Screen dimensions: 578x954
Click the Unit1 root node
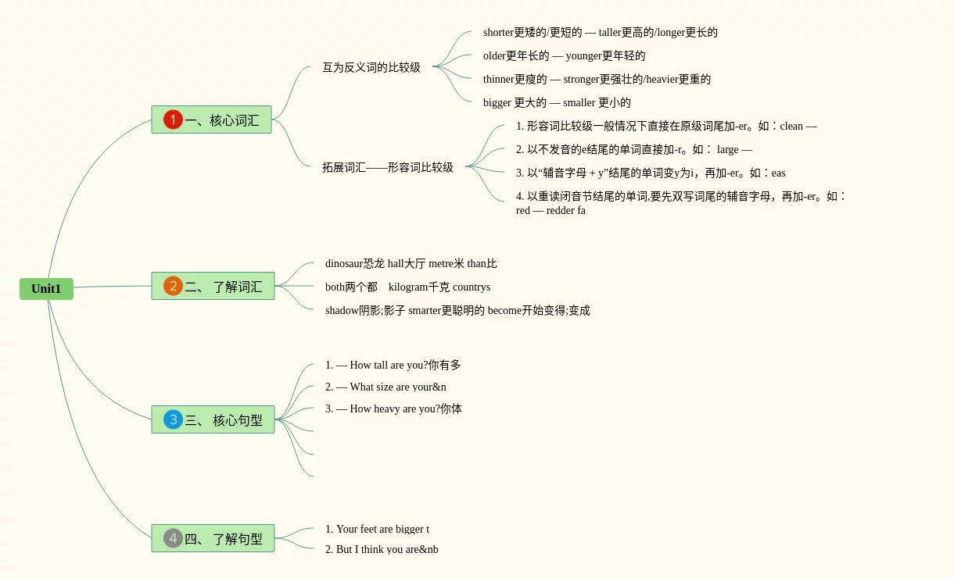46,289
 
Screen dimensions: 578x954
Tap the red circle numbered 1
173,120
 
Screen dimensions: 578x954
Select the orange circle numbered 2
173,286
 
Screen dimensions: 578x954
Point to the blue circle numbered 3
173,419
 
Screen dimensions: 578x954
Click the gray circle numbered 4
173,538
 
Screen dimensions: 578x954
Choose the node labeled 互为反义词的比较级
371,68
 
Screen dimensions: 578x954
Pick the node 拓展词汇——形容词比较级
387,167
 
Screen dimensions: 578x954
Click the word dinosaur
344,264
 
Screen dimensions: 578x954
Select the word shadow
342,311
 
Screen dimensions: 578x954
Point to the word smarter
425,311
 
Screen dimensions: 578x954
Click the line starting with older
564,56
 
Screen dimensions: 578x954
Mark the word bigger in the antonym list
497,103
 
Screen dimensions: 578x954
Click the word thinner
498,80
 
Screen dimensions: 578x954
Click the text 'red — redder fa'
551,211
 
